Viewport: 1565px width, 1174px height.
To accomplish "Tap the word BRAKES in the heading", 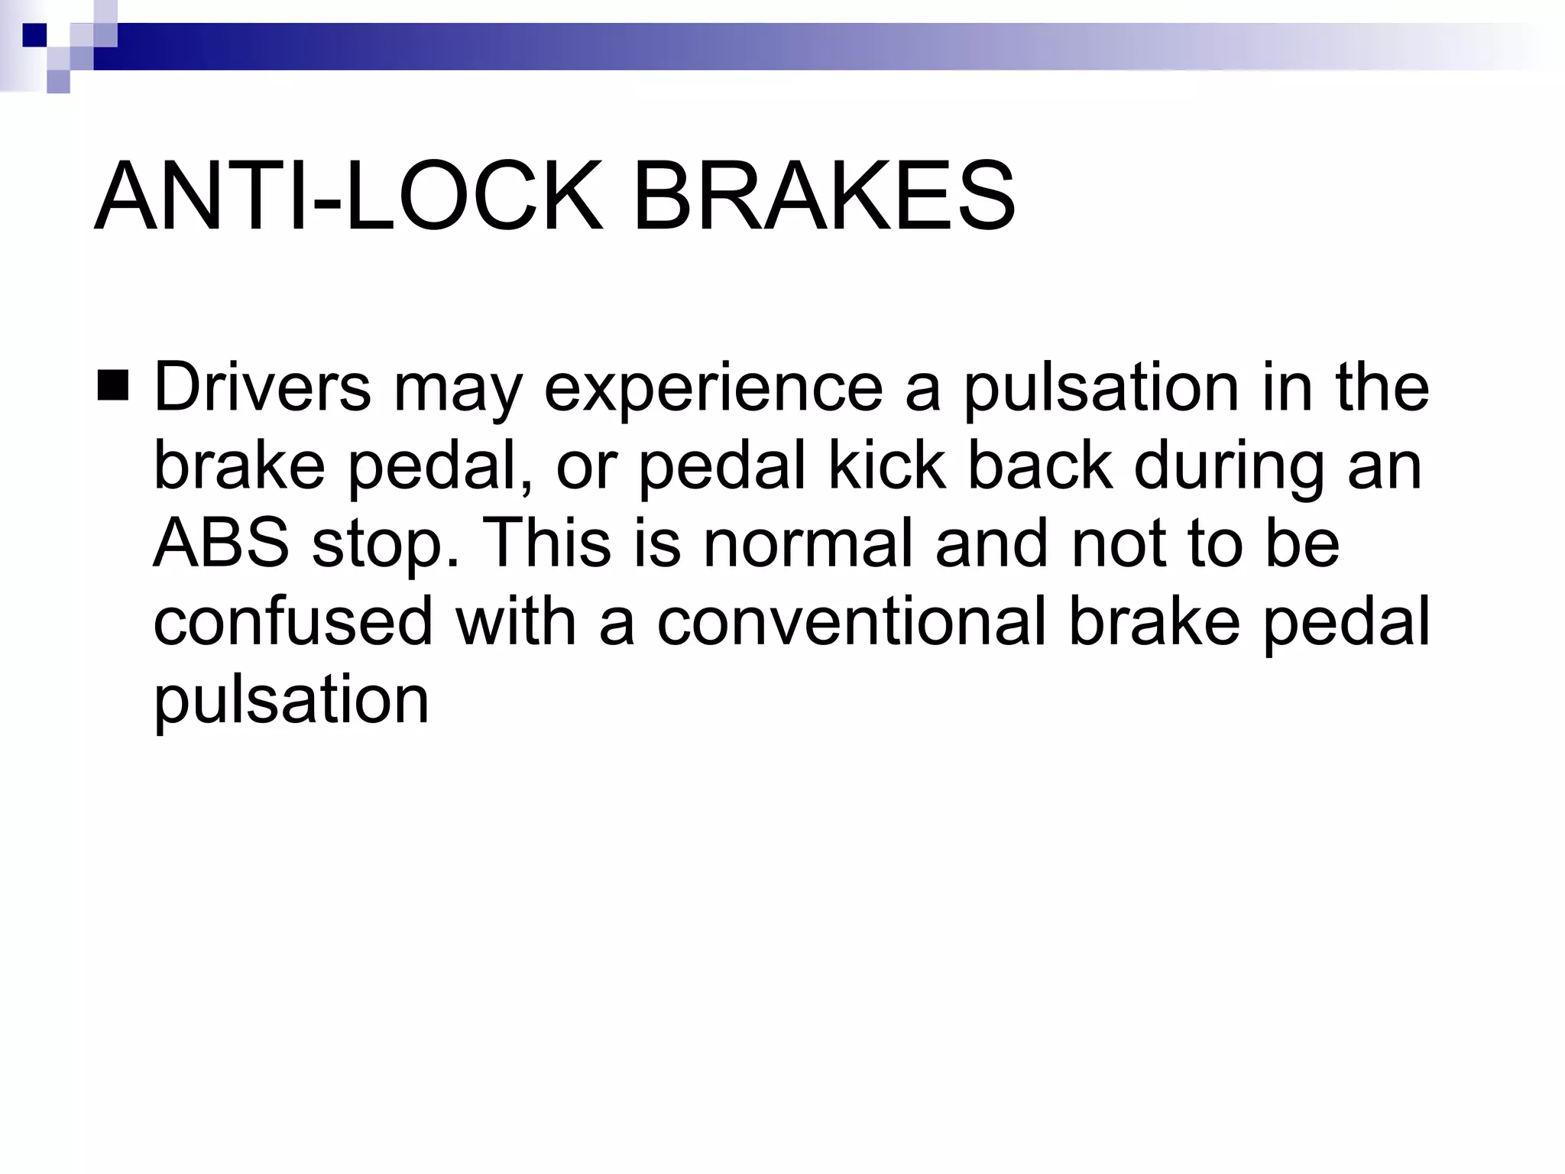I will [x=825, y=196].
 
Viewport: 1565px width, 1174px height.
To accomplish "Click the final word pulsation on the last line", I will [x=291, y=701].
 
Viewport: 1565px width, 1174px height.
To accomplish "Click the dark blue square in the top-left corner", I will [x=34, y=35].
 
